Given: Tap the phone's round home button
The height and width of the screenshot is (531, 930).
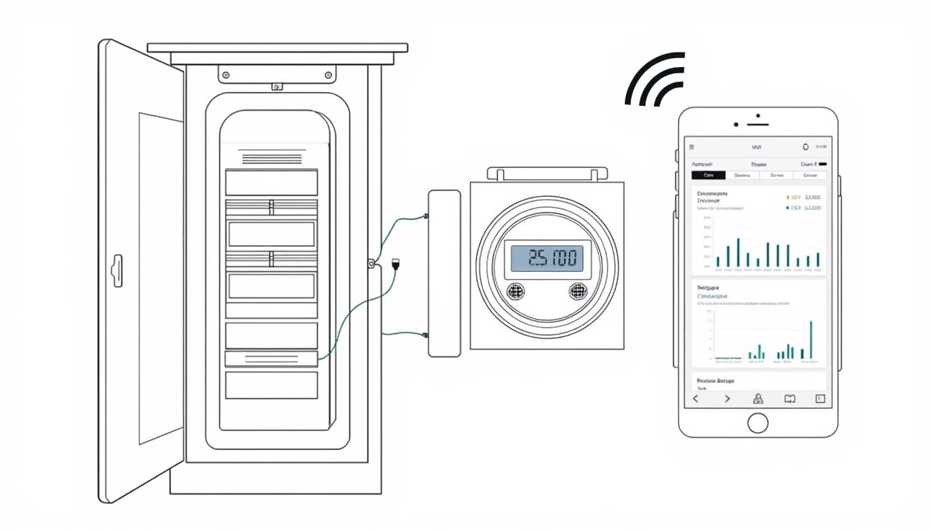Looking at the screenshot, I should [758, 422].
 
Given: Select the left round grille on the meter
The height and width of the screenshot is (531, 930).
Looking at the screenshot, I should [516, 291].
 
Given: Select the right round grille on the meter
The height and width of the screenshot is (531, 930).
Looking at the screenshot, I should [578, 291].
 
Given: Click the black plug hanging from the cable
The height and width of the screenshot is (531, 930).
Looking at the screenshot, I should [396, 264].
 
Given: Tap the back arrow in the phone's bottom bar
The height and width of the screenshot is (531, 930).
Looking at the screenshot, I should [696, 399].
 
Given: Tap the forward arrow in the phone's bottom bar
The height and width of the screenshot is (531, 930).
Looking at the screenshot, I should [727, 399].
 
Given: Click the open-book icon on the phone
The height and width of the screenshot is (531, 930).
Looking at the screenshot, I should [790, 399].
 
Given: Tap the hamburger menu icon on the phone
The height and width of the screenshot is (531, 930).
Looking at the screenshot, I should [691, 147].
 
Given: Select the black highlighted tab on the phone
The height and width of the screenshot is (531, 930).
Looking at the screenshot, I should [709, 175].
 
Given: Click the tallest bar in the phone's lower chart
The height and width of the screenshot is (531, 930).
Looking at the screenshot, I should [811, 339].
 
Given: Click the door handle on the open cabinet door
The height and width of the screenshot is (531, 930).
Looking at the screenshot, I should [118, 270].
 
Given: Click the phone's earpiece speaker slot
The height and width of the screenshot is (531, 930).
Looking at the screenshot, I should [758, 125].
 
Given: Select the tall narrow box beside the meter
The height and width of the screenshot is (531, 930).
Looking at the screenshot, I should [444, 273].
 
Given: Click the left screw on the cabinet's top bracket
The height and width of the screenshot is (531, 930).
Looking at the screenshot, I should [226, 75].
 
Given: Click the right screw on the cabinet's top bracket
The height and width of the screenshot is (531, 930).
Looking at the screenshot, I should [327, 75].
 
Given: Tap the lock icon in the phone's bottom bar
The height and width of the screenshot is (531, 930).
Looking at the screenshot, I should [758, 399].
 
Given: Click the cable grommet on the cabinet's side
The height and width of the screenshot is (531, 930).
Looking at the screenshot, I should [372, 263].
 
